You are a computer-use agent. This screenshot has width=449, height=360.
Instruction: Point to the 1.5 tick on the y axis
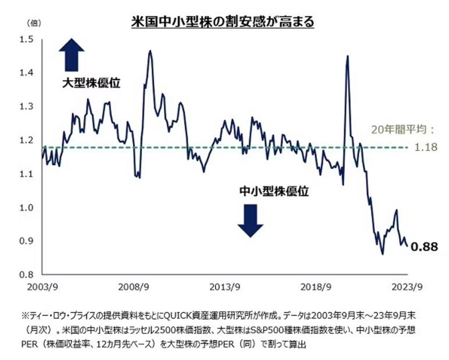coord(27,39)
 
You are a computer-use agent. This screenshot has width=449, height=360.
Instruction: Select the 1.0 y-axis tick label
coord(27,207)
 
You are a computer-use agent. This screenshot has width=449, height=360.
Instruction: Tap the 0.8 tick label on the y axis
coord(27,274)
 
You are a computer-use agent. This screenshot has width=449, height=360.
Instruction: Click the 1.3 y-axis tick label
coord(27,107)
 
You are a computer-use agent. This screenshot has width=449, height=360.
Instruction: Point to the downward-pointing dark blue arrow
coord(250,221)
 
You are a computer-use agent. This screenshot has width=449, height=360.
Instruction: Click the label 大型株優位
coord(90,82)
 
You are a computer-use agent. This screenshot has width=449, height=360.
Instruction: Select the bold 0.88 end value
coord(424,247)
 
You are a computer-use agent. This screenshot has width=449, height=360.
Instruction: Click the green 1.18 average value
coord(426,147)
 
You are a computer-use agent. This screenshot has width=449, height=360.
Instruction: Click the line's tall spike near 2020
coord(347,57)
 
